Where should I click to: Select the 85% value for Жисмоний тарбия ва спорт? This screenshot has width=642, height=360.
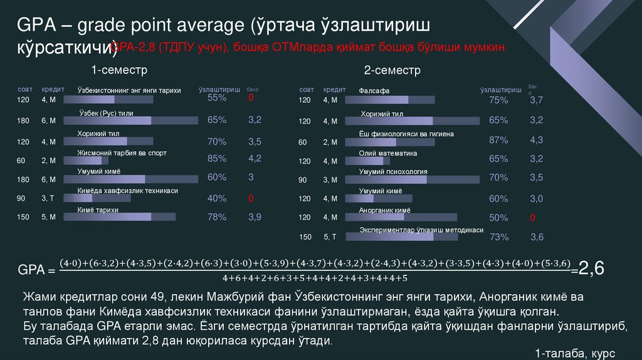tap(217, 158)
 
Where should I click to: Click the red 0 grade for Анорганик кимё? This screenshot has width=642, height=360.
tap(532, 218)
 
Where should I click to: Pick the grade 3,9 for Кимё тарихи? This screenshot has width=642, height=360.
tap(255, 217)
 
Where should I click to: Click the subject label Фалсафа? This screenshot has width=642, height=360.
tap(374, 91)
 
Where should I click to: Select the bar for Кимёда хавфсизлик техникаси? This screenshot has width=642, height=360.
tap(104, 198)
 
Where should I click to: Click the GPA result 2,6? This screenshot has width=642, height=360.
tap(591, 269)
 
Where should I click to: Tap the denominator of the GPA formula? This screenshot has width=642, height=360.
tap(315, 278)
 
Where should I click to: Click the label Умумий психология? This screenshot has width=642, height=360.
tap(393, 171)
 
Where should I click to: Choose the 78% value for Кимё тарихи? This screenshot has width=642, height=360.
tap(217, 217)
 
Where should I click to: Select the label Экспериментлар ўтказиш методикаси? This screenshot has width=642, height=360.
tap(421, 230)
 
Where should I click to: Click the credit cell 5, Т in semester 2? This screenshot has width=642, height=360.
tap(330, 237)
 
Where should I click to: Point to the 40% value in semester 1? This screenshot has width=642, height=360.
tap(217, 198)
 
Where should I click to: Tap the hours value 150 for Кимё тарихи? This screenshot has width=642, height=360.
tap(23, 218)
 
